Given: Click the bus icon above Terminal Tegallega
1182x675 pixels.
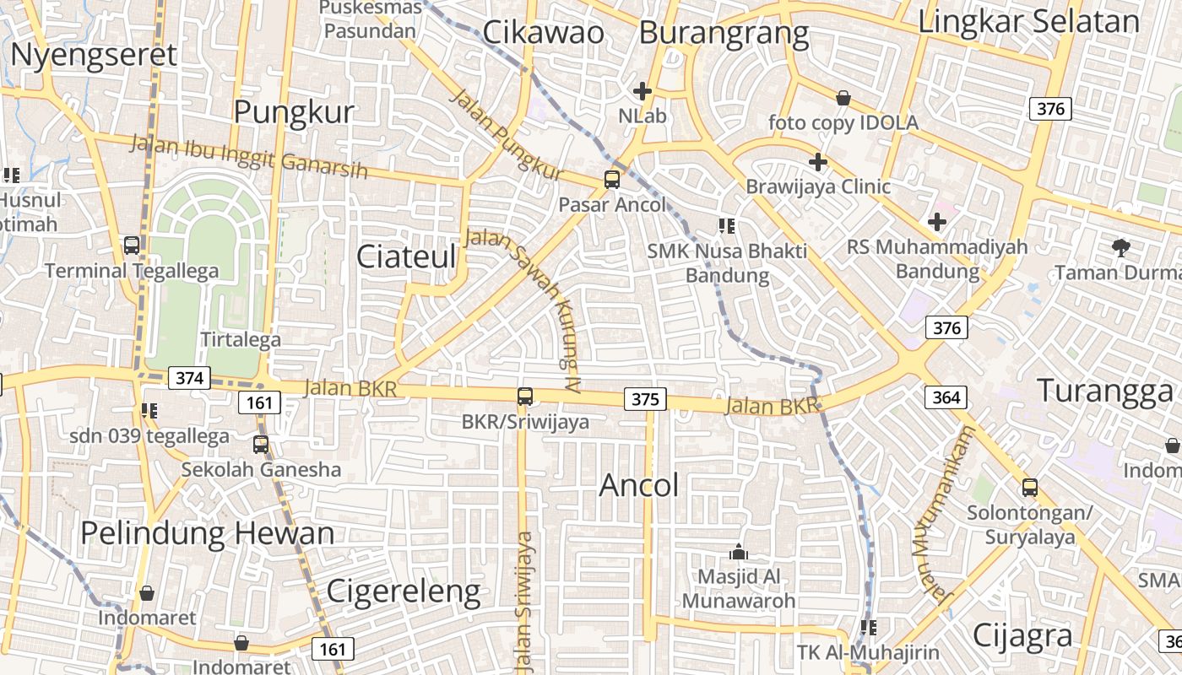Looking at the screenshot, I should click(x=132, y=246).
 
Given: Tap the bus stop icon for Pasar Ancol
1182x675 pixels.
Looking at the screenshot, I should click(x=612, y=180).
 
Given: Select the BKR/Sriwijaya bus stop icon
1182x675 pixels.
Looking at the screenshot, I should click(x=525, y=396).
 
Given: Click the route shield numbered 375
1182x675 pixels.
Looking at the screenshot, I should click(x=645, y=398).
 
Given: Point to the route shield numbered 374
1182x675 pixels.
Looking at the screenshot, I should click(x=188, y=378).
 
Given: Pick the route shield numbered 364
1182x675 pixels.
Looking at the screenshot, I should click(x=946, y=397).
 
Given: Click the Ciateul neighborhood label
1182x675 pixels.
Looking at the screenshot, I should click(x=406, y=256).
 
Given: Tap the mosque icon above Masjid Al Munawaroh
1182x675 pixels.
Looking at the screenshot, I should click(x=739, y=553).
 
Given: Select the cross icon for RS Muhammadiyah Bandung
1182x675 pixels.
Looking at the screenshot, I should click(x=936, y=222).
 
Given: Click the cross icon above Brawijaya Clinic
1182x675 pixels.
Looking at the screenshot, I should click(x=817, y=161).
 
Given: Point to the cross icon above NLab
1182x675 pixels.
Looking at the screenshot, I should click(x=643, y=90).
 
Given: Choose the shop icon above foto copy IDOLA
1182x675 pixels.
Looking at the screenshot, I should click(x=843, y=99).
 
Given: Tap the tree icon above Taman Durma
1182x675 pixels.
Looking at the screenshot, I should click(x=1121, y=247).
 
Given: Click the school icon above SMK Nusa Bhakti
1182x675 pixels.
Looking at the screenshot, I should click(x=726, y=225).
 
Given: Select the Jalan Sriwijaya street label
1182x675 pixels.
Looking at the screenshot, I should click(x=525, y=599).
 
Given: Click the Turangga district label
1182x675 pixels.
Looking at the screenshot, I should click(x=1104, y=391).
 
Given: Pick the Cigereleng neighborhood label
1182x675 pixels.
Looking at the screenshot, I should click(x=404, y=591).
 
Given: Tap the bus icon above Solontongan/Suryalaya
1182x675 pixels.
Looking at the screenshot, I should click(x=1029, y=488).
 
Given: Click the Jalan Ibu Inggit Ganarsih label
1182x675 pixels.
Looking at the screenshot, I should click(x=249, y=156).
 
